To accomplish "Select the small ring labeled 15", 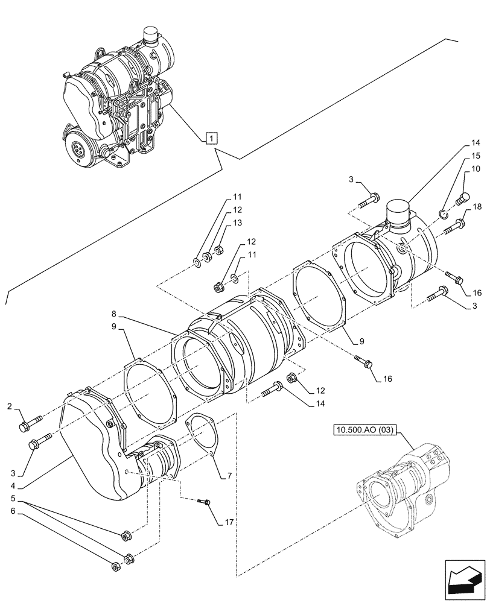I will pos(444,212).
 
